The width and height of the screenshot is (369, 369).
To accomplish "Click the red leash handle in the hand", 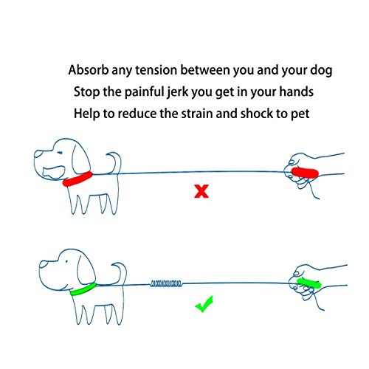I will coord(303,173).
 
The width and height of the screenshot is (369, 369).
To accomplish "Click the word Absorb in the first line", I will coord(89,72).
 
